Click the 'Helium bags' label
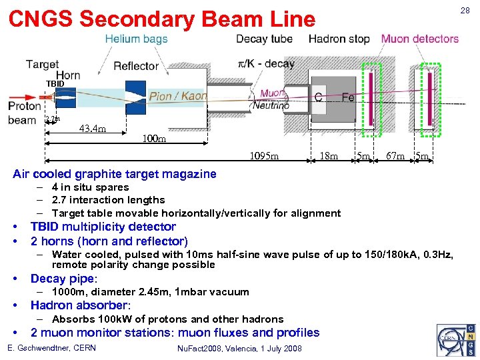136,39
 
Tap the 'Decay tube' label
264,39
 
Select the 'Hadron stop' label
339,39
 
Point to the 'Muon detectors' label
419,39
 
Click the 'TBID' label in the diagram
55,83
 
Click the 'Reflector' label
136,66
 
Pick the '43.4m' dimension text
93,128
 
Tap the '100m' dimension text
155,140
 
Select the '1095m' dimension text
264,157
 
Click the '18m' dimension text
329,157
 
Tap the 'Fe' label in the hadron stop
348,97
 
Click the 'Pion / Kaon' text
177,96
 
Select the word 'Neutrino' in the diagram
271,105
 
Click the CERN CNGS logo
456,340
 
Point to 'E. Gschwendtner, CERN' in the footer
51,349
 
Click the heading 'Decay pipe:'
64,279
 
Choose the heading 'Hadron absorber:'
79,305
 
